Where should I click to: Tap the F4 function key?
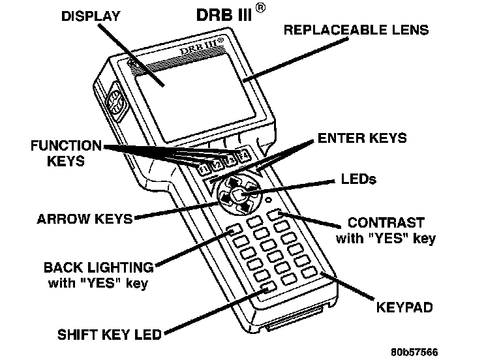(x=243, y=155)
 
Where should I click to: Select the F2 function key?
(x=216, y=164)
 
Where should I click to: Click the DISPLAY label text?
(x=91, y=16)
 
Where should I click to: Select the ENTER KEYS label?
(x=362, y=138)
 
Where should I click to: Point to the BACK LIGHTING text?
(x=99, y=267)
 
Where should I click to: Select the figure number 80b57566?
(x=414, y=351)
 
